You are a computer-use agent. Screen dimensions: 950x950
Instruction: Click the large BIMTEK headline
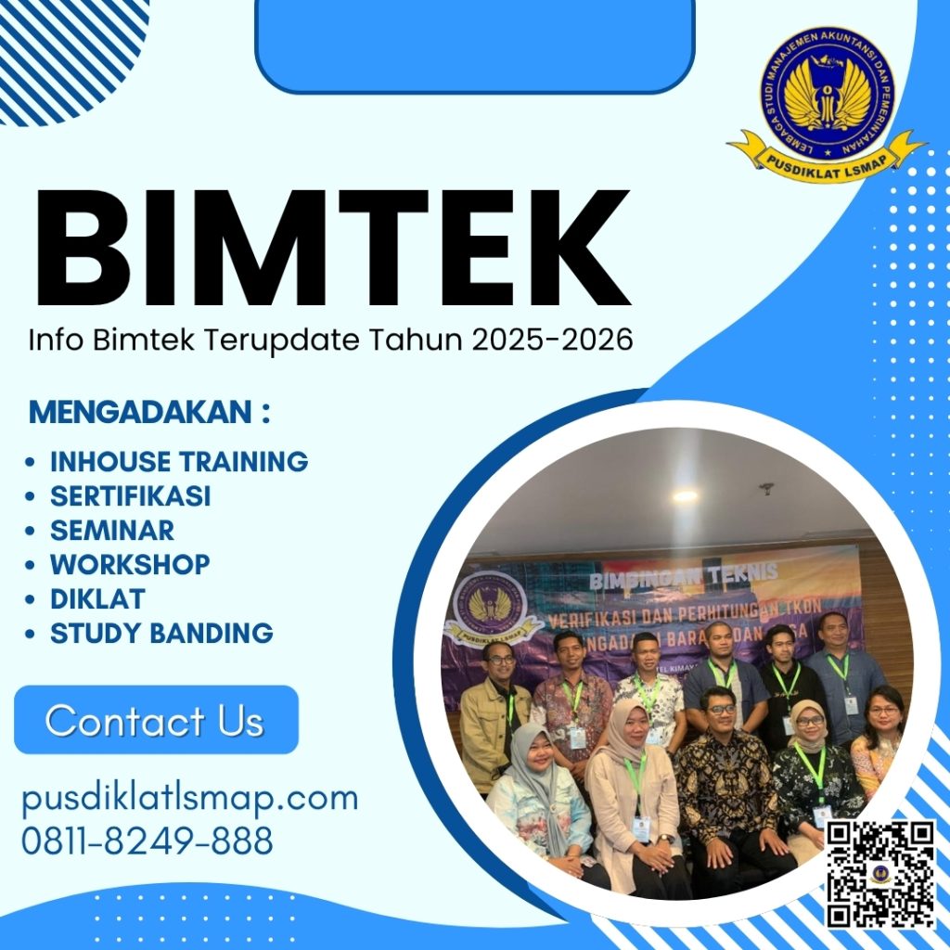tap(331, 249)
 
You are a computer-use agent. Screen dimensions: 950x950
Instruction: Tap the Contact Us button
tap(156, 721)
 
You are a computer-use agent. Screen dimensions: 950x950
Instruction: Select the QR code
tap(880, 873)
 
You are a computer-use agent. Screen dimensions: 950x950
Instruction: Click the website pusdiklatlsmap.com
tap(189, 799)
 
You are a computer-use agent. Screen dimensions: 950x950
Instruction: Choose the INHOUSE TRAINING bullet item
tap(178, 461)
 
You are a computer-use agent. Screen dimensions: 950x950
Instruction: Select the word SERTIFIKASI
tap(130, 496)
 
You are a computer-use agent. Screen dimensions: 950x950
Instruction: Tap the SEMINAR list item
tap(111, 531)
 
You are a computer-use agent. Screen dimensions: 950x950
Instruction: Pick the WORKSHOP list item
tap(130, 564)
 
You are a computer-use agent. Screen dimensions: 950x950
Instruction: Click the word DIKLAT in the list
tap(97, 598)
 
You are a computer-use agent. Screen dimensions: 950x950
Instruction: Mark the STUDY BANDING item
tap(161, 634)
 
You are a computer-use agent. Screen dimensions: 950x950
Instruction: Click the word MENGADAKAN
tap(140, 412)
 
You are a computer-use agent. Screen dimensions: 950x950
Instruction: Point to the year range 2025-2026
tap(552, 340)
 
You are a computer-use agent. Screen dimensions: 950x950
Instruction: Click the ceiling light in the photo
tap(685, 496)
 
